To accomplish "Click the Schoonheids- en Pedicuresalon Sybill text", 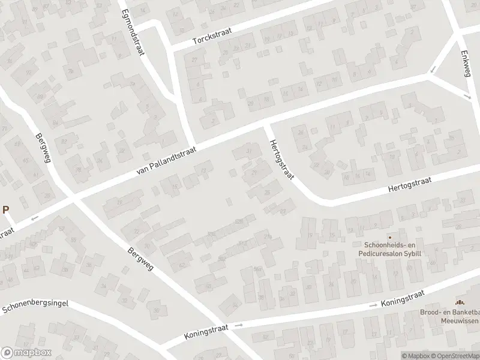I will point(389,250).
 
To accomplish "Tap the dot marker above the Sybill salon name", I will point(389,238).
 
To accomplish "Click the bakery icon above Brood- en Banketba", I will point(461,302).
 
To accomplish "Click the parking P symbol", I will point(6,209).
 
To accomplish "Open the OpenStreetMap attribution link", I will point(457,356).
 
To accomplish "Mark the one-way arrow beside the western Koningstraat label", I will point(239,326).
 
